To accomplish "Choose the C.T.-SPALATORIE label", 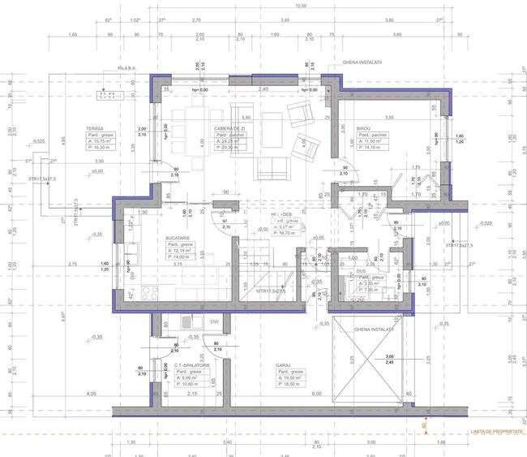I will [x=193, y=366].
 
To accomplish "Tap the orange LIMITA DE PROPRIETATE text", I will [x=489, y=433].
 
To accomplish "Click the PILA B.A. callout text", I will [x=127, y=68].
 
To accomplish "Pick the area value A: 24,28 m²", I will [x=230, y=141].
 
